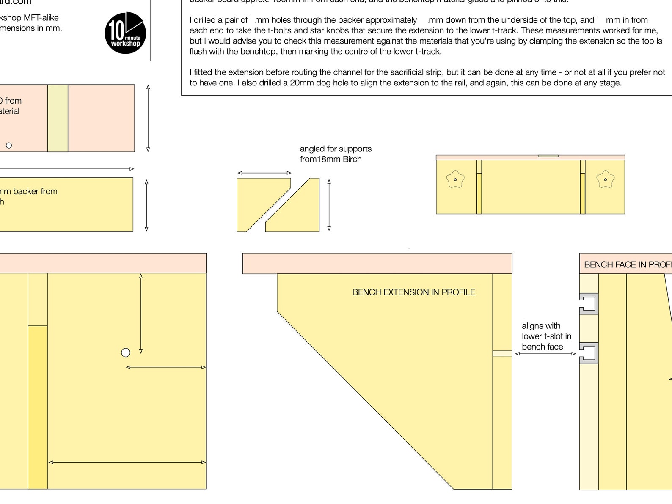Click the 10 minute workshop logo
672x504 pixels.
point(125,33)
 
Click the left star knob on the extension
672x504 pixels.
point(455,179)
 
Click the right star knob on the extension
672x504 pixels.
point(605,179)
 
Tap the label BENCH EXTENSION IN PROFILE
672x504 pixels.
point(413,292)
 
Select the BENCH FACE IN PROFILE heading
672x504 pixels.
point(628,265)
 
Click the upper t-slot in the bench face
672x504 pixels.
point(589,303)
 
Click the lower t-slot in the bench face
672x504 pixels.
point(589,353)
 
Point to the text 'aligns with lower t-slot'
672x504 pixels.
point(546,336)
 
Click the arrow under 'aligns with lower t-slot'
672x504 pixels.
point(545,354)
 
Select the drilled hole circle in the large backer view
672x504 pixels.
point(126,353)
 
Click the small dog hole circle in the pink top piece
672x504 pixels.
point(9,146)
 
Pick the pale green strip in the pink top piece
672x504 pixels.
point(58,118)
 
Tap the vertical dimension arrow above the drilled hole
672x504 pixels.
point(141,314)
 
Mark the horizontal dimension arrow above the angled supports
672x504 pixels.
point(264,173)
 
